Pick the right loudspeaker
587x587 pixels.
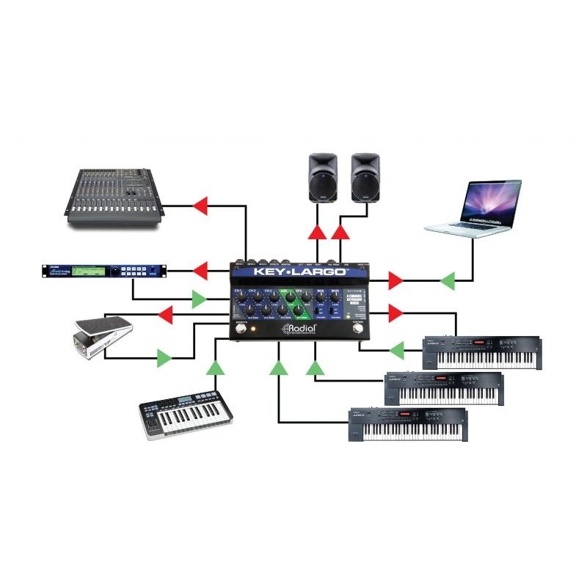click(x=365, y=178)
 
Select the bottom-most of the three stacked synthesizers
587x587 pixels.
click(x=408, y=426)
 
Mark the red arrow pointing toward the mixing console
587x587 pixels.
click(x=200, y=206)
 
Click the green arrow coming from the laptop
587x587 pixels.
click(x=446, y=280)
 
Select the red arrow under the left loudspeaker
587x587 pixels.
click(x=316, y=233)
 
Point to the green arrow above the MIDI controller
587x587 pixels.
click(x=215, y=367)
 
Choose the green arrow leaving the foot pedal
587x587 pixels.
click(x=164, y=358)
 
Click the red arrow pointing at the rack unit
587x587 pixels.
click(x=200, y=271)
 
